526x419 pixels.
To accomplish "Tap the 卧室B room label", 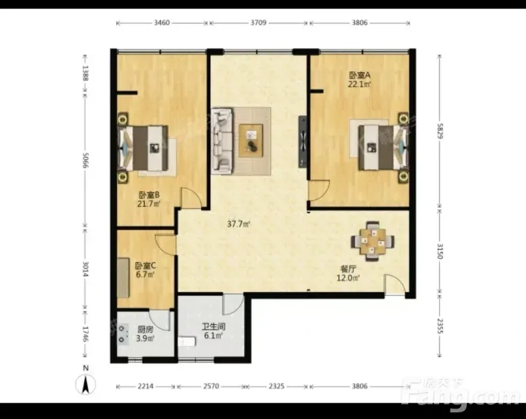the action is click(149, 195).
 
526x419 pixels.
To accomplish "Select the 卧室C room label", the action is click(145, 266).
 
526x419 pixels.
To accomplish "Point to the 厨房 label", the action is click(145, 330).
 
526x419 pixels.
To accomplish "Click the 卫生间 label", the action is click(213, 326).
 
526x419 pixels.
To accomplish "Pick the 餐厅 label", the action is click(348, 269).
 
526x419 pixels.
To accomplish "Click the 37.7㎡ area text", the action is click(238, 224).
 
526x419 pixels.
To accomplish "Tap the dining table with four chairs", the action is click(372, 241).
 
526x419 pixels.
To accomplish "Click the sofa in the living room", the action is click(222, 141).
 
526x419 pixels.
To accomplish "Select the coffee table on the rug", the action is click(251, 141).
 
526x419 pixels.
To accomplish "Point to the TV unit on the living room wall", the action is click(303, 141).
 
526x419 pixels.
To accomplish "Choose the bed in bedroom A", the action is click(383, 147).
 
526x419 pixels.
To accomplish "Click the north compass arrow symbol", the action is click(86, 384).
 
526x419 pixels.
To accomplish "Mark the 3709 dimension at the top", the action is click(258, 23).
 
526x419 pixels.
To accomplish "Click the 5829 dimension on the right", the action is click(440, 131).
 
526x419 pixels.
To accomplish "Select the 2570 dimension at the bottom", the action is click(211, 387).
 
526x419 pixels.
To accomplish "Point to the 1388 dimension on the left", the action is click(85, 74).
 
